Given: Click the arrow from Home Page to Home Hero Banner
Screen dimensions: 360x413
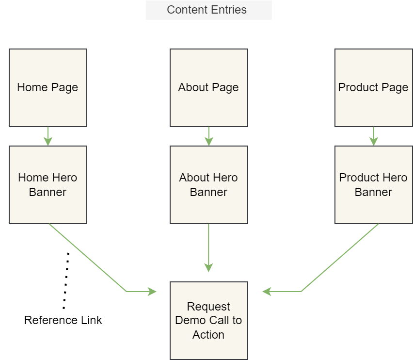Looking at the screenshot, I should (x=48, y=136).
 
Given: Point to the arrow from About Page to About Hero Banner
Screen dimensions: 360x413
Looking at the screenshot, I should (x=208, y=136).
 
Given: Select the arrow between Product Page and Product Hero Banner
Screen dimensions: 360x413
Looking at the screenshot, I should (x=373, y=136).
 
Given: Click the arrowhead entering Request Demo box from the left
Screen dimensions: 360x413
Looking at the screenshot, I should (x=153, y=292).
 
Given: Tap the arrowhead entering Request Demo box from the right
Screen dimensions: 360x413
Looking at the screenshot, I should (x=267, y=292).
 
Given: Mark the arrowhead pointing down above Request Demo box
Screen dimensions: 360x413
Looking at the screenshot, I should (x=208, y=267).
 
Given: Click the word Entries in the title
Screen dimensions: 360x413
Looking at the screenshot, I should (x=228, y=10).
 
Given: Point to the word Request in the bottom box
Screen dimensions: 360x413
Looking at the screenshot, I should (x=208, y=307).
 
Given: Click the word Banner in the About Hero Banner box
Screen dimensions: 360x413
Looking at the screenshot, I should (x=208, y=192).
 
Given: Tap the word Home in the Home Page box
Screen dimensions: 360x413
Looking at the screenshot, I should (x=30, y=87).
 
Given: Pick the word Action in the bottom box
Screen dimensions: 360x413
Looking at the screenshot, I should (x=208, y=335).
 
